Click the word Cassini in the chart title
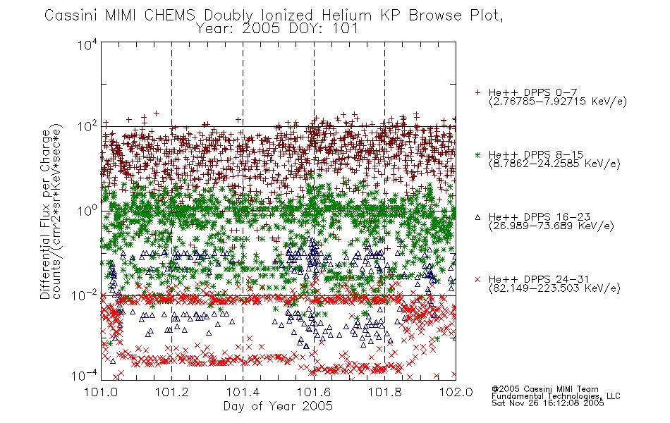71,16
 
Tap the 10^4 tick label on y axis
87,44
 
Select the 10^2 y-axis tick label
87,126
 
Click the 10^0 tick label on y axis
87,211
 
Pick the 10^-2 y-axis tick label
85,295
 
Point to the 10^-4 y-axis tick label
85,376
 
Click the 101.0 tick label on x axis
101,392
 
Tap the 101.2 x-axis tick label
172,392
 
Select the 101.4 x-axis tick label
243,392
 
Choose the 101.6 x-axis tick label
314,392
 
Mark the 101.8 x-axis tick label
384,392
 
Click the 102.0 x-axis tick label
456,392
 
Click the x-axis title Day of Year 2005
278,406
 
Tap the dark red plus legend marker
477,92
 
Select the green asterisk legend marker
477,155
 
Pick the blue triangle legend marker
477,217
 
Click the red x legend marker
477,279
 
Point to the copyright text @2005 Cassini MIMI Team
544,389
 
